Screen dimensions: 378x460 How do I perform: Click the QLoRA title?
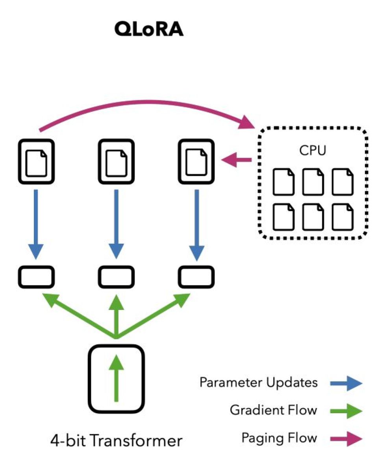pyautogui.click(x=149, y=29)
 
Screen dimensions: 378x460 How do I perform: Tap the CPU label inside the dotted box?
pyautogui.click(x=313, y=151)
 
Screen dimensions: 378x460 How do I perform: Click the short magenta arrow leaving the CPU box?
pyautogui.click(x=237, y=160)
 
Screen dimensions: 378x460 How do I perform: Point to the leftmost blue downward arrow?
pyautogui.click(x=36, y=224)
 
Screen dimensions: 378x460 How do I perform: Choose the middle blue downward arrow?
pyautogui.click(x=116, y=224)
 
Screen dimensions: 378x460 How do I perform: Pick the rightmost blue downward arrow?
pyautogui.click(x=197, y=225)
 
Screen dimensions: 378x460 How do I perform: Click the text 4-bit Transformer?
pyautogui.click(x=116, y=441)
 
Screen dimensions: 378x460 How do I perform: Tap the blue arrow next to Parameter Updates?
pyautogui.click(x=346, y=383)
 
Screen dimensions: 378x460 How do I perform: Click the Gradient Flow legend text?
pyautogui.click(x=273, y=410)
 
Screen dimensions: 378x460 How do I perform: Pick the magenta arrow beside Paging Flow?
pyautogui.click(x=346, y=439)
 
